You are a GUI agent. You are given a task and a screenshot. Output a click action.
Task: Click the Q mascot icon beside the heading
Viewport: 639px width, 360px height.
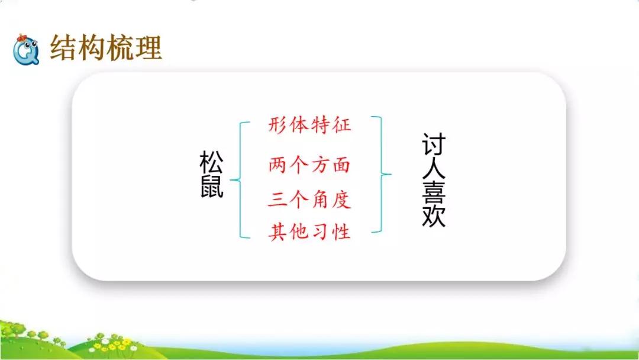26,50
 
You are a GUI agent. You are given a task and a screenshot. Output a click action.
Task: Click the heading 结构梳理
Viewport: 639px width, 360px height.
106,48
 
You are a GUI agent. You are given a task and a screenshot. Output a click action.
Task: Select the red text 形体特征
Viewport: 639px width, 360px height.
309,125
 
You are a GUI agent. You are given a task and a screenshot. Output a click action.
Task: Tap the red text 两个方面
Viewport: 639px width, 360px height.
309,165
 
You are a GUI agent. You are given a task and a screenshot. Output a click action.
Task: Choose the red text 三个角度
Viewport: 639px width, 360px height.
309,199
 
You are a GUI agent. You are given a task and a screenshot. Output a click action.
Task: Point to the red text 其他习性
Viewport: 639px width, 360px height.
309,232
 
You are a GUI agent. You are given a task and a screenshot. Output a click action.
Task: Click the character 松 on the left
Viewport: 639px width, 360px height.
212,162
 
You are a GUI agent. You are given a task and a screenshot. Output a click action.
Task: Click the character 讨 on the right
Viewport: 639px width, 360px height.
434,144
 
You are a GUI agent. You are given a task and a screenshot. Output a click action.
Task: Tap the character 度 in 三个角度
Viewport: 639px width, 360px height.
341,199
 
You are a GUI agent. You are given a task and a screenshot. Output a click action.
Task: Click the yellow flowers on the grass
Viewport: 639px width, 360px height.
118,343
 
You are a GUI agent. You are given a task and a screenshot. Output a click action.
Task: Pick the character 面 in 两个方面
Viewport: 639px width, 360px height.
341,165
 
